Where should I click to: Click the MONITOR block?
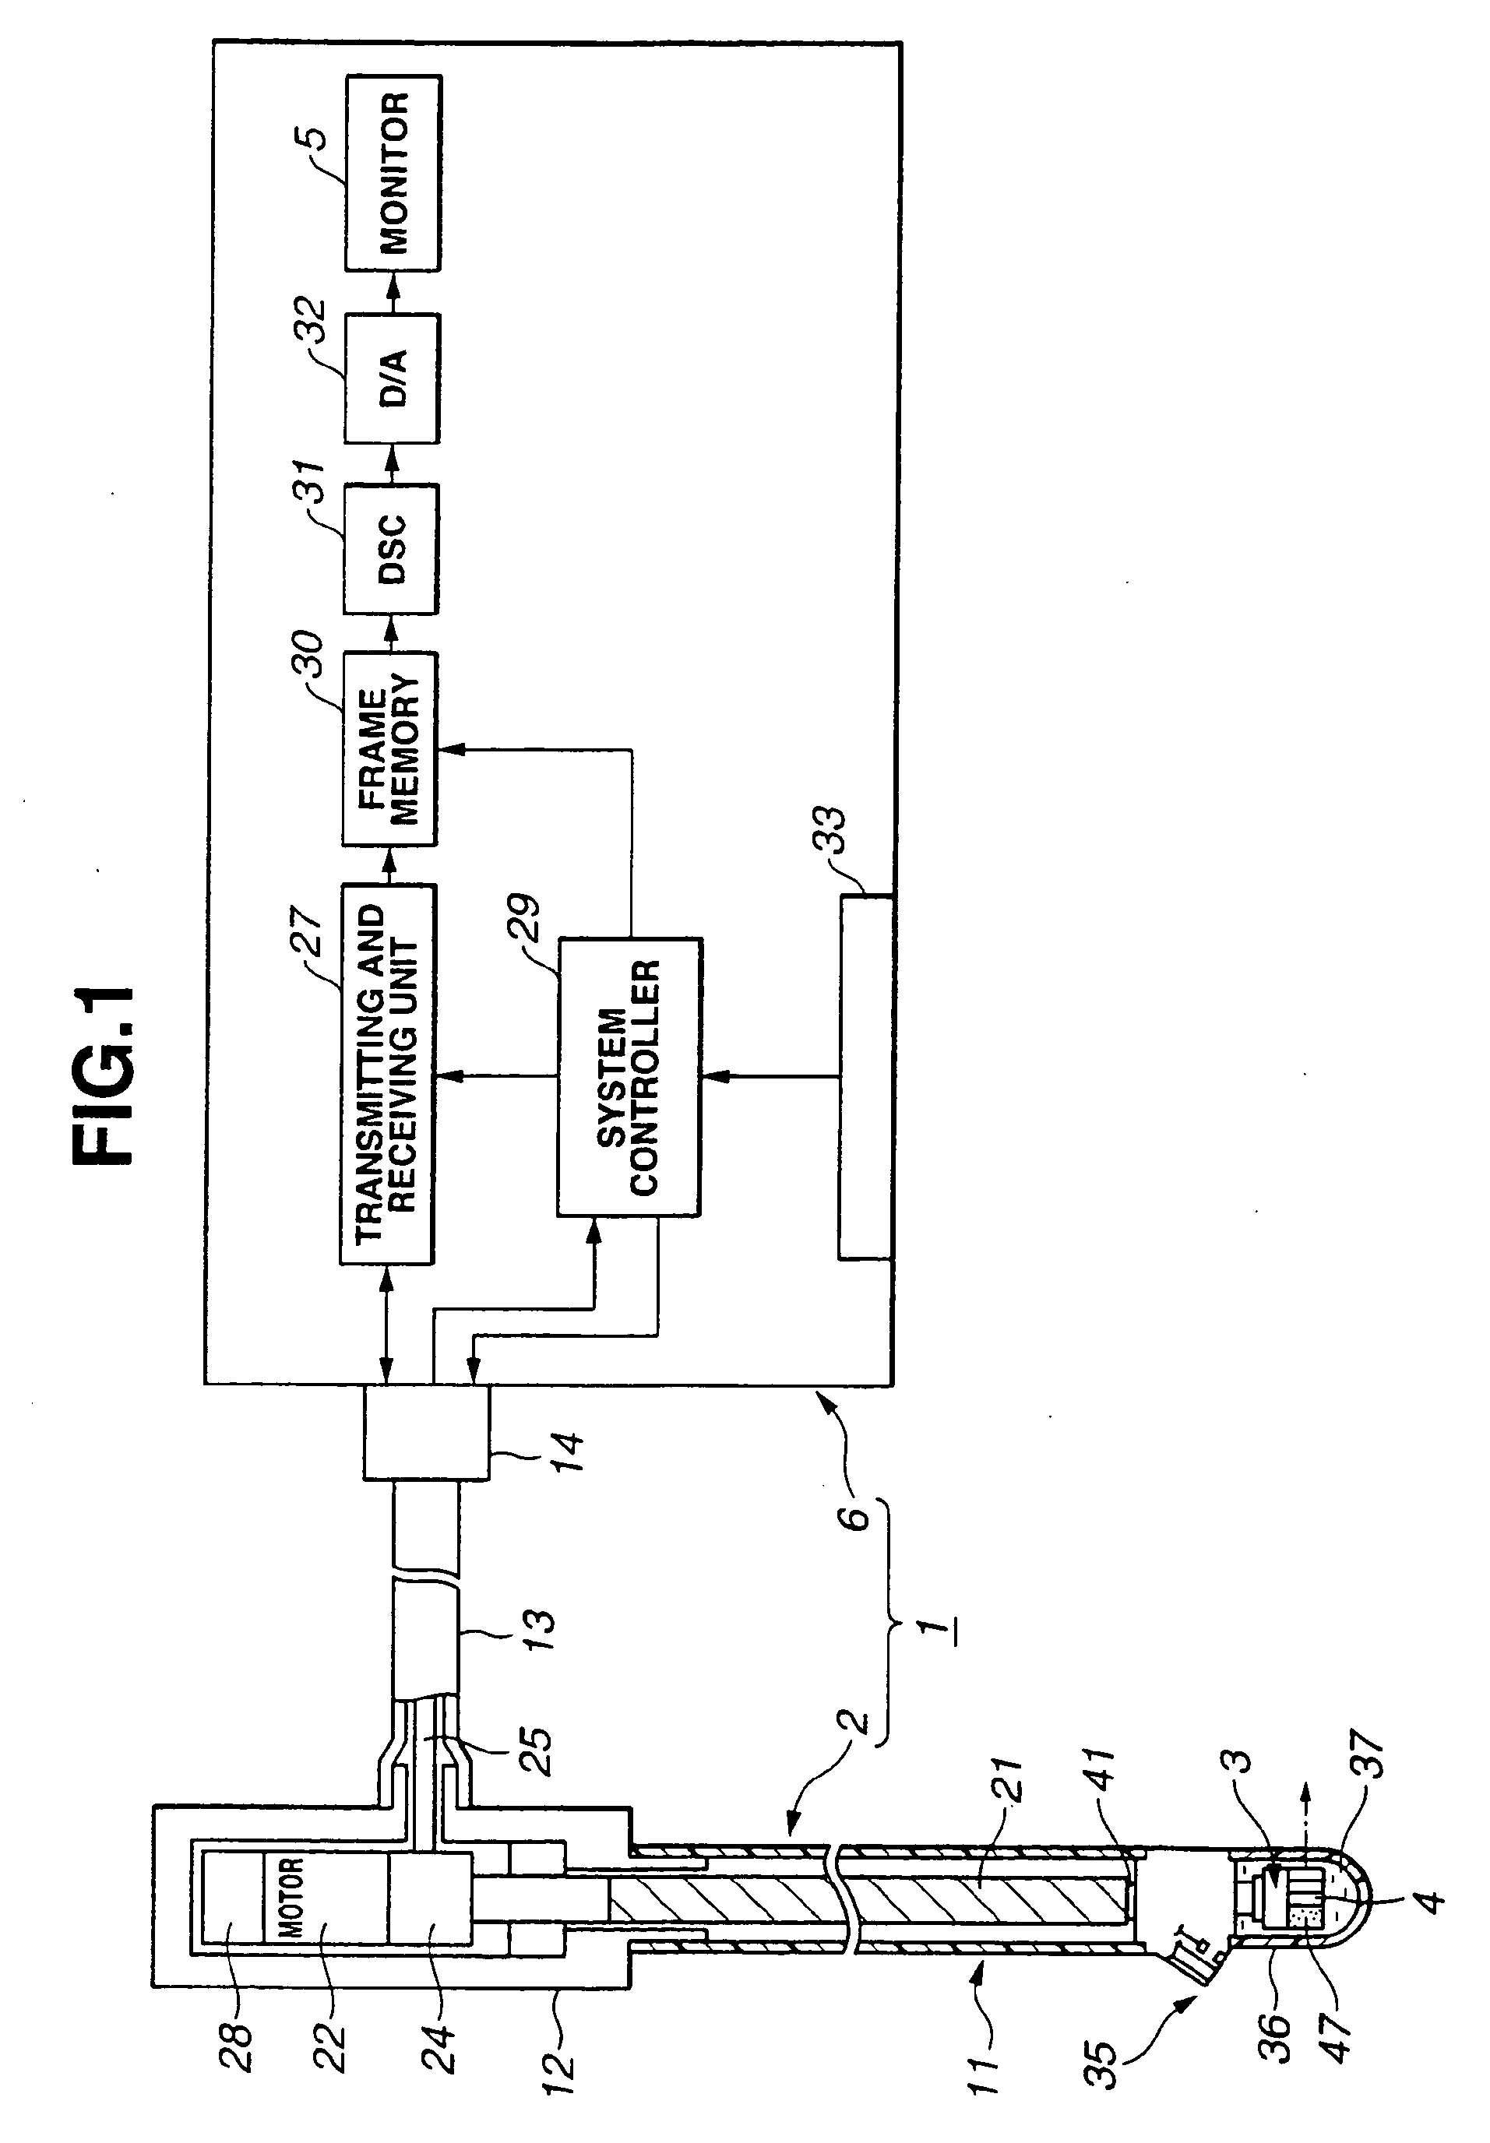click(393, 174)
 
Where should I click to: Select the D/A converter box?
click(391, 378)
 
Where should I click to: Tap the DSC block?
click(391, 549)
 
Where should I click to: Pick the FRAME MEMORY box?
click(389, 748)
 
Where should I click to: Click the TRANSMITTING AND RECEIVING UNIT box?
click(386, 1073)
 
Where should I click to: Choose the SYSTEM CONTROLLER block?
click(629, 1076)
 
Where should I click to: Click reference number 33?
click(827, 831)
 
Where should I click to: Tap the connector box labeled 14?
click(427, 1430)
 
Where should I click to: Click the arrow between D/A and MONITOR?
click(392, 292)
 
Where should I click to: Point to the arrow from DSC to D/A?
click(392, 463)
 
